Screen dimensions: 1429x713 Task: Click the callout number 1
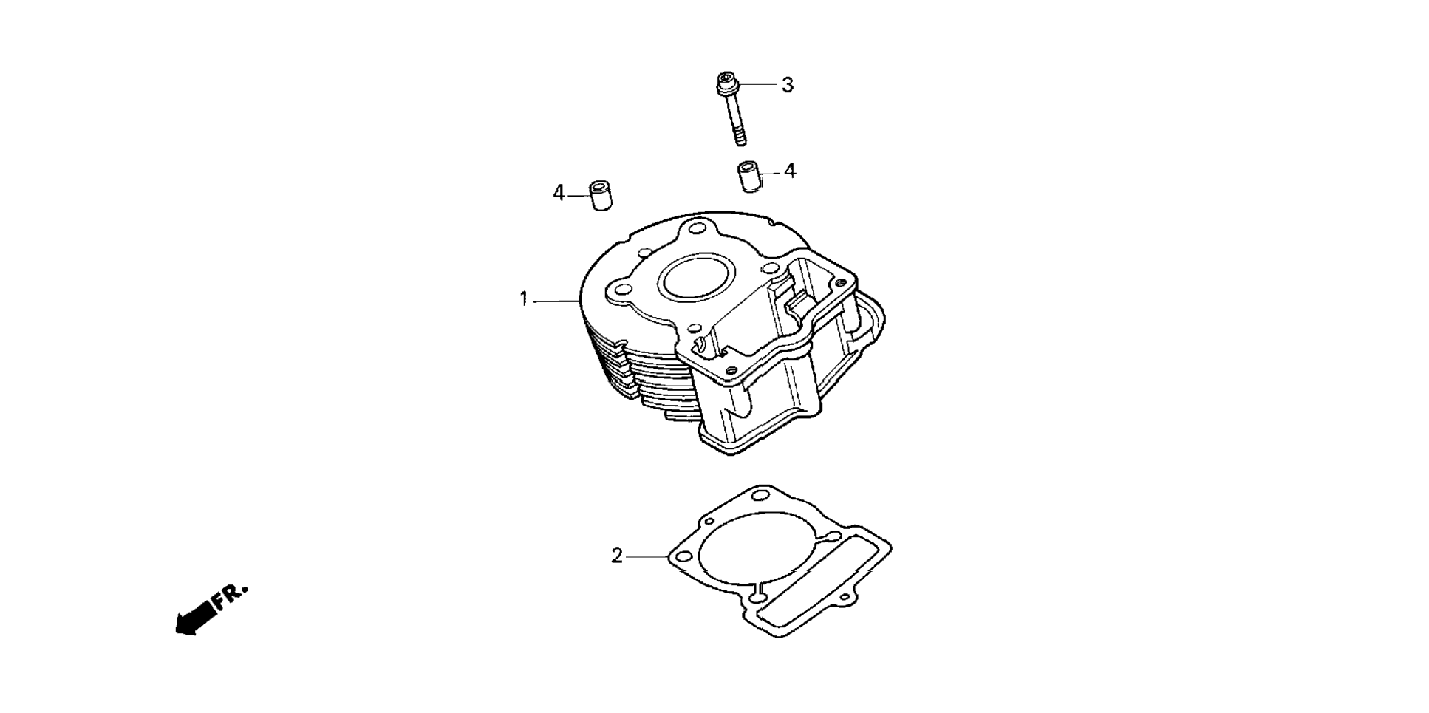point(524,300)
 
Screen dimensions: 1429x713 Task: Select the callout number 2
point(617,556)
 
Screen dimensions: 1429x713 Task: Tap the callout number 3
point(788,85)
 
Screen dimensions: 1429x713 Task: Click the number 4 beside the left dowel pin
point(559,193)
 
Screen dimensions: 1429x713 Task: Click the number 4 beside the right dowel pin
point(790,171)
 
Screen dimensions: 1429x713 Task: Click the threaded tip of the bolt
point(740,137)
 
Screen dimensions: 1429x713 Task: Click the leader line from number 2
point(647,556)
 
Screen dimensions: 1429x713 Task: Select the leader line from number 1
point(554,301)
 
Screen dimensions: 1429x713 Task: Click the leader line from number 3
point(758,85)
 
